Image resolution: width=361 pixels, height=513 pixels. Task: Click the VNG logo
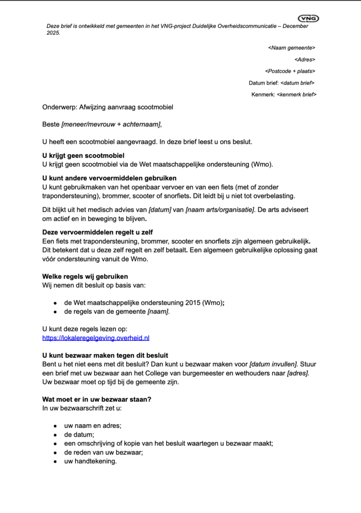(x=308, y=19)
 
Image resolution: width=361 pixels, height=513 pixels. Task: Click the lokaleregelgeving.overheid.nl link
(x=96, y=338)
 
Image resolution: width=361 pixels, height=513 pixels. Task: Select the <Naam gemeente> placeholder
(x=292, y=48)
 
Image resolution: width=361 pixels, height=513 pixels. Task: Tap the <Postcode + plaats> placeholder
(x=290, y=71)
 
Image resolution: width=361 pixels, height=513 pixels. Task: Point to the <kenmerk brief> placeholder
(x=296, y=95)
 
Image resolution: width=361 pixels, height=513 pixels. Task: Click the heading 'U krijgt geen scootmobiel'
(x=83, y=156)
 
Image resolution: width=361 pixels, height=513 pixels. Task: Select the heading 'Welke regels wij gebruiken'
(x=85, y=277)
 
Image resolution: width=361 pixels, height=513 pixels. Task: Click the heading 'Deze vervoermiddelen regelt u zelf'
(x=98, y=232)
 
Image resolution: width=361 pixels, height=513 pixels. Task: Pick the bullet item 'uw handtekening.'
(x=90, y=461)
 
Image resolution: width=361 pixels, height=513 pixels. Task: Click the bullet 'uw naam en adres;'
(x=93, y=425)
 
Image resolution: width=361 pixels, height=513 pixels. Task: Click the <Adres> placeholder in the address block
(x=305, y=60)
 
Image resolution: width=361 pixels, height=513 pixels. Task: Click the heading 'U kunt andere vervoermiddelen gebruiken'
(x=109, y=178)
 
